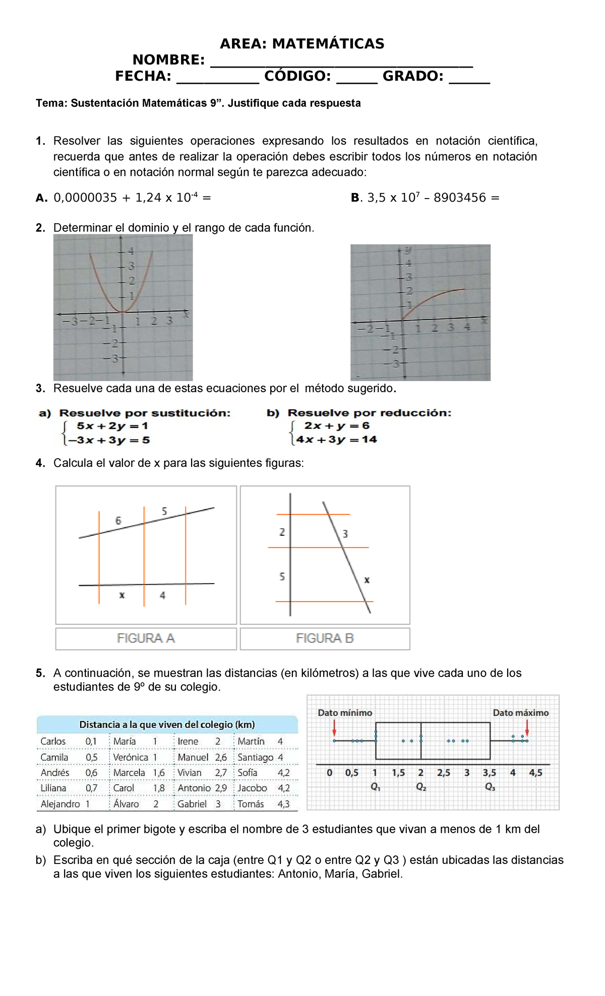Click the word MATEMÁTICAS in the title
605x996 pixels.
pos(328,44)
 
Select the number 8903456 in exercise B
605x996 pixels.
pos(459,198)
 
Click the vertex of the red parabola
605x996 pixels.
pos(123,312)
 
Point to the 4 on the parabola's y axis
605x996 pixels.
pos(131,251)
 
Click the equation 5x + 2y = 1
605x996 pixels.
pos(112,426)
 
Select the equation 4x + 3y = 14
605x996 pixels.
pos(337,440)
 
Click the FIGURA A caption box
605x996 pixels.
pos(146,638)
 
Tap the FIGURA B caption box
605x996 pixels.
pos(325,638)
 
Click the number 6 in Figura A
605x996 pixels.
pos(118,521)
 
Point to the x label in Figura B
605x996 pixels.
pos(367,580)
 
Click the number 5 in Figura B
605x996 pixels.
pos(282,576)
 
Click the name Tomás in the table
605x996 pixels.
pos(251,804)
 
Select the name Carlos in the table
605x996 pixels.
pos(53,741)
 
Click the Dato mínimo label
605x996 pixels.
pos(345,713)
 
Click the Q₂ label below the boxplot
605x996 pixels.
pos(421,787)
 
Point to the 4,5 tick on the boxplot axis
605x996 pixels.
pos(535,773)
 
